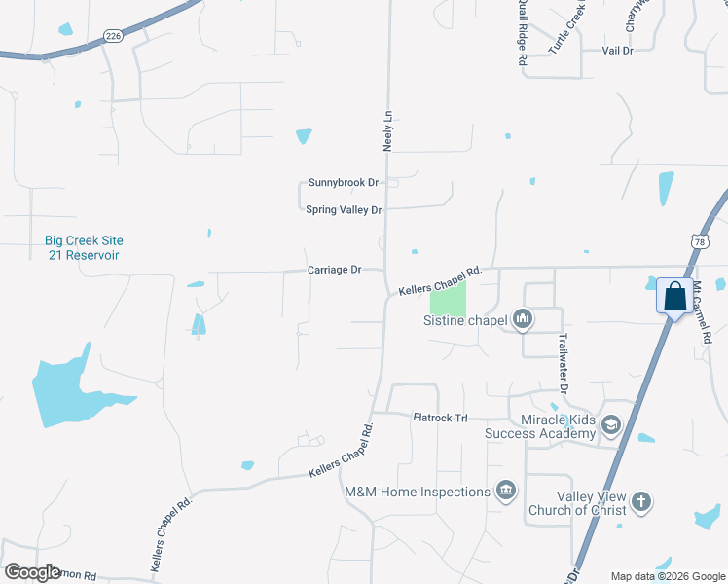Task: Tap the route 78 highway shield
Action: coord(700,240)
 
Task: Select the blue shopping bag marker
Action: coord(674,296)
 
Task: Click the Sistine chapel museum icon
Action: coord(523,318)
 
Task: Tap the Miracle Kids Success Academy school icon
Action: coord(610,424)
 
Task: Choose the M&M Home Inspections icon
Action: coord(505,491)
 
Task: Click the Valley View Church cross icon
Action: coord(640,501)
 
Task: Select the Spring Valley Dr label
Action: coord(344,209)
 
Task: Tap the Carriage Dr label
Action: coord(334,270)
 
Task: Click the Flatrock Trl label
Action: coord(441,418)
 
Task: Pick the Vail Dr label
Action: coord(617,50)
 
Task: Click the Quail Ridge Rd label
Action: coord(523,33)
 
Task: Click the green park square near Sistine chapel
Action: coord(448,297)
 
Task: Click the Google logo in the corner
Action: coord(32,571)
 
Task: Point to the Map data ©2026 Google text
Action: coord(667,575)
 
